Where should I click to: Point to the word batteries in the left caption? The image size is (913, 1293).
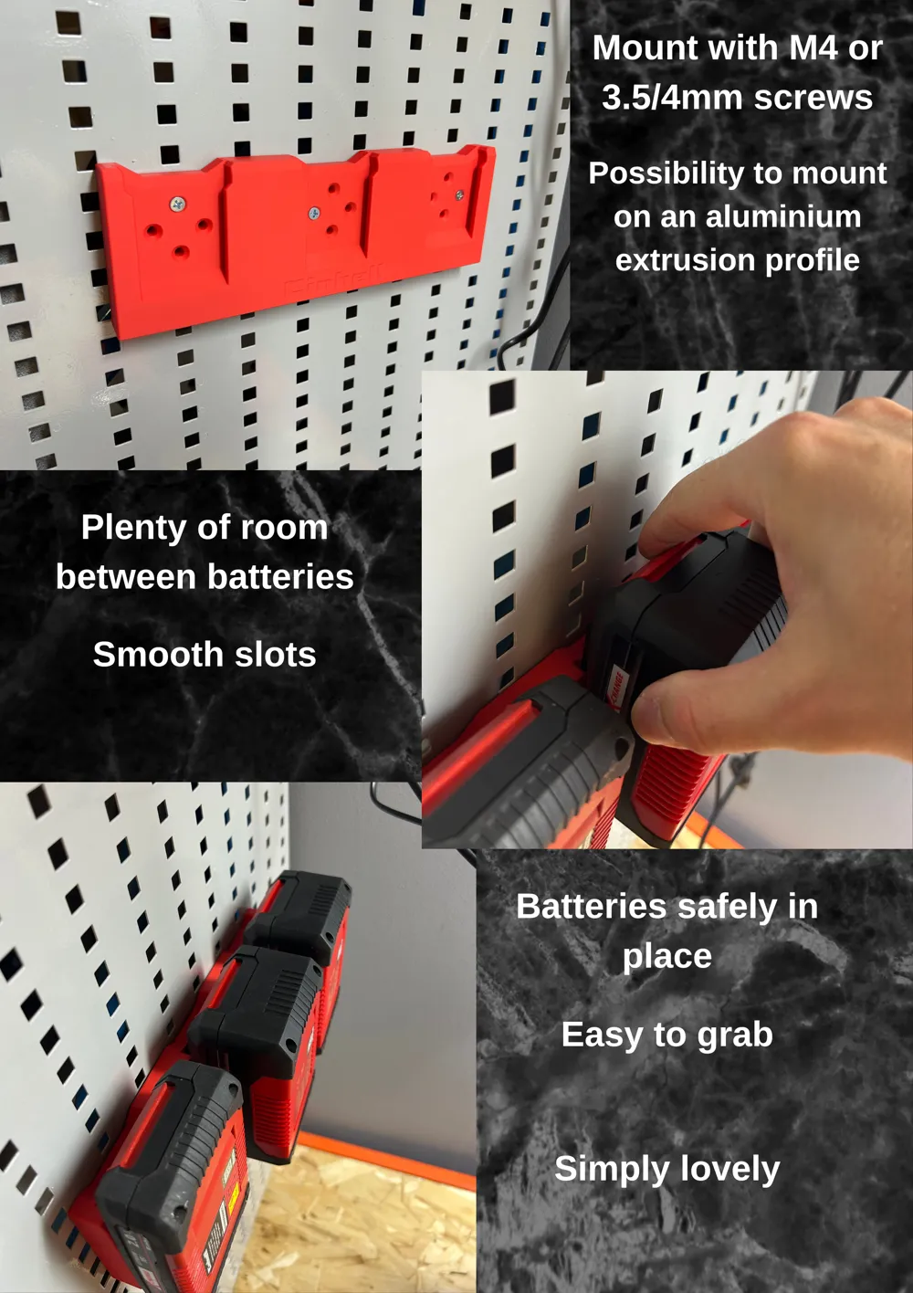280,577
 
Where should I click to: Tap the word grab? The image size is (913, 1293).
735,1035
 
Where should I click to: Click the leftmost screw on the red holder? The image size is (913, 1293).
178,204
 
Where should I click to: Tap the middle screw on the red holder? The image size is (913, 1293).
314,213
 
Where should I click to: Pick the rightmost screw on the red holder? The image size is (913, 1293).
459,194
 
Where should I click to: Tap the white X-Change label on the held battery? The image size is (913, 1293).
616,688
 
